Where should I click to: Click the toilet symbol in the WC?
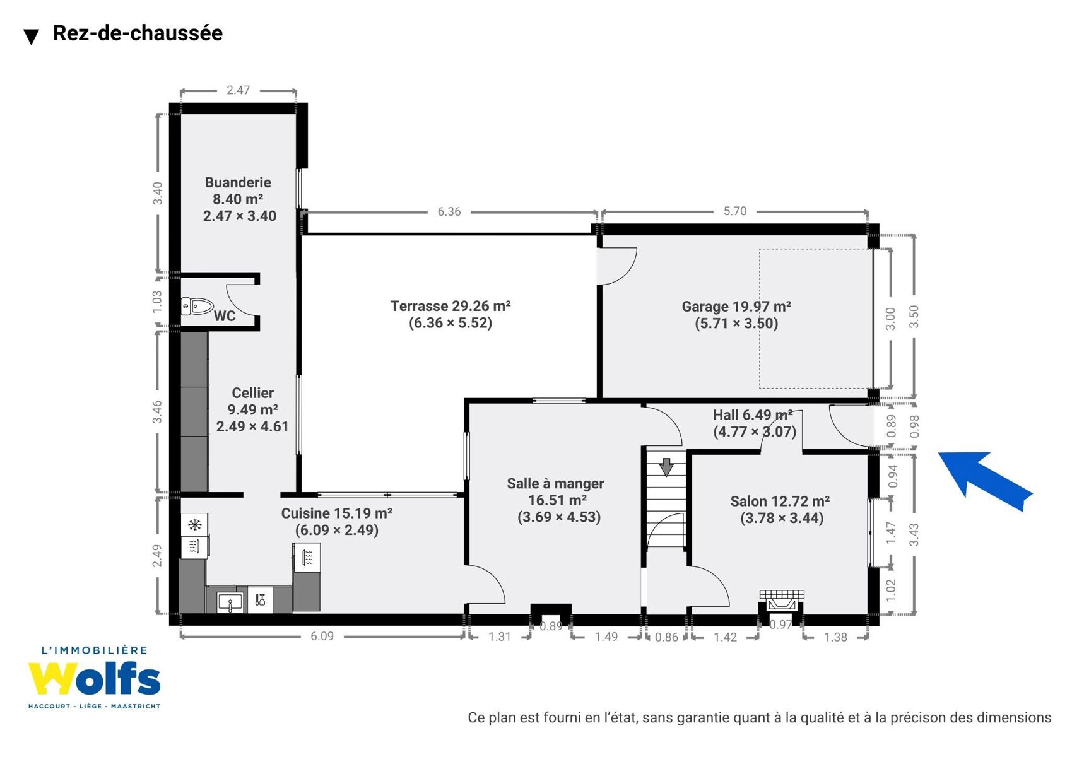197,306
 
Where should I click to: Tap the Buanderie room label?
238,182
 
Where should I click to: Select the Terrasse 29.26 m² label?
451,306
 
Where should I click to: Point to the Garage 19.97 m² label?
736,306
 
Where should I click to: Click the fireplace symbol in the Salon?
782,601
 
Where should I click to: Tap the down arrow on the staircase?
666,467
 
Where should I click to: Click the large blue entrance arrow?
986,481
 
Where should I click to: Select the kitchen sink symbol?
230,602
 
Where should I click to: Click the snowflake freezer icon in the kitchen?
195,525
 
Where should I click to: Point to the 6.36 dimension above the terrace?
449,211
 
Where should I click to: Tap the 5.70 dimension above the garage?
734,211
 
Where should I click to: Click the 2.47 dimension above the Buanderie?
238,90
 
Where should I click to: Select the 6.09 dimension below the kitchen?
322,636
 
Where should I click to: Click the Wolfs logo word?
94,678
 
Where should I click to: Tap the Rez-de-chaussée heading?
138,33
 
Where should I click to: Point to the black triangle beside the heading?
31,37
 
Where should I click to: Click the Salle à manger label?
555,483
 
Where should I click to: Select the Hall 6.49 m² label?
753,414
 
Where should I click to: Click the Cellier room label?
252,393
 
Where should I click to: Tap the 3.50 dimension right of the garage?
914,317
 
